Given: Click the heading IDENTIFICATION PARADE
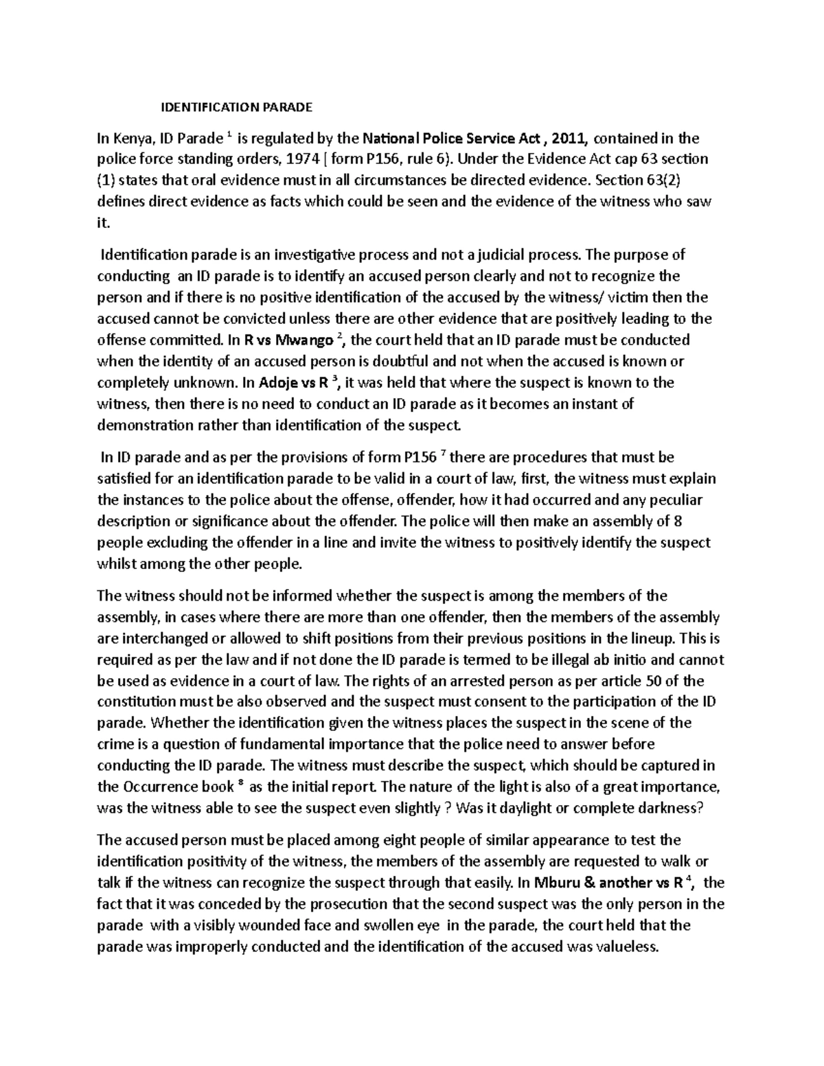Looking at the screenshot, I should click(236, 107).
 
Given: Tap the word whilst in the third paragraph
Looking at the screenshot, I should click(115, 564).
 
